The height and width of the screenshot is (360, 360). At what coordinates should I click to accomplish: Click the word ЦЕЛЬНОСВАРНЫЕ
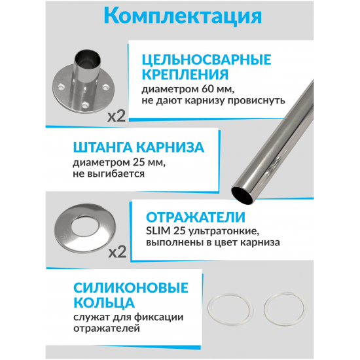[x=206, y=60]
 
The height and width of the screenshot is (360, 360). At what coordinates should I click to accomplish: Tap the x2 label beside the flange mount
[x=117, y=117]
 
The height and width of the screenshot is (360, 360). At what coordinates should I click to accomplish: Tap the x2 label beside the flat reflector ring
[x=117, y=252]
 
